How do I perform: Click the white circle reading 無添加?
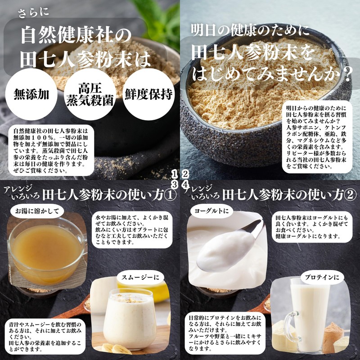click(31, 94)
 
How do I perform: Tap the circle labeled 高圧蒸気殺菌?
click(90, 94)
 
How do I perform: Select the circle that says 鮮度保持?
click(148, 94)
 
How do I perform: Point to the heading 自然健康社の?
click(76, 36)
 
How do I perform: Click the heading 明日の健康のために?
click(250, 30)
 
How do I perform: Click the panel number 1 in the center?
click(175, 175)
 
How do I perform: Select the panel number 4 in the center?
click(185, 184)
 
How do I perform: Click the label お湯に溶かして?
click(37, 211)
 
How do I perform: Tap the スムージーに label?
click(140, 277)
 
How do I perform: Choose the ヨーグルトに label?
click(211, 211)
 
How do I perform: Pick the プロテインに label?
click(322, 277)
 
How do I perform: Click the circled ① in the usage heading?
click(171, 195)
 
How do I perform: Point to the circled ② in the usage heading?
click(351, 195)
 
